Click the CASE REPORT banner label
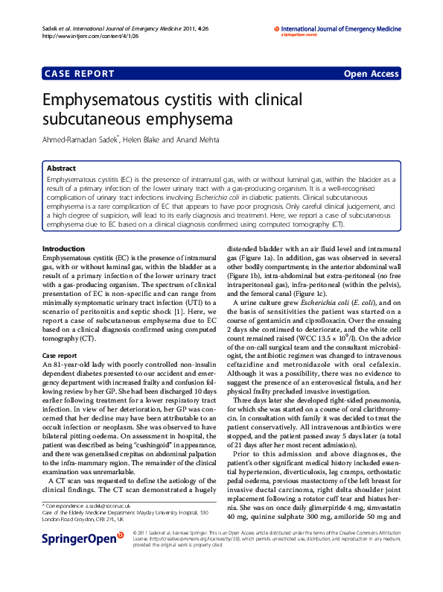(x=80, y=74)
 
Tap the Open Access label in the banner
(x=371, y=74)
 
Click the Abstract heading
(x=61, y=169)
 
